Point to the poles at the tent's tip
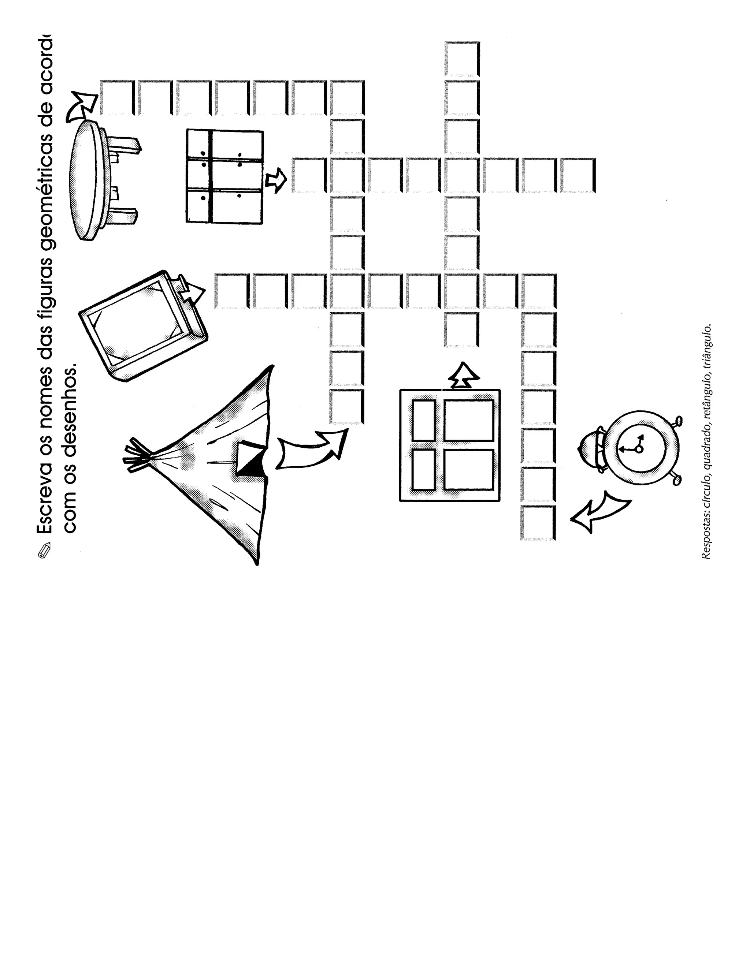tap(135, 455)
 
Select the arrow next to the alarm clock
tap(598, 511)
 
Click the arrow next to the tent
tap(311, 449)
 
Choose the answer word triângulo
tap(706, 346)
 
